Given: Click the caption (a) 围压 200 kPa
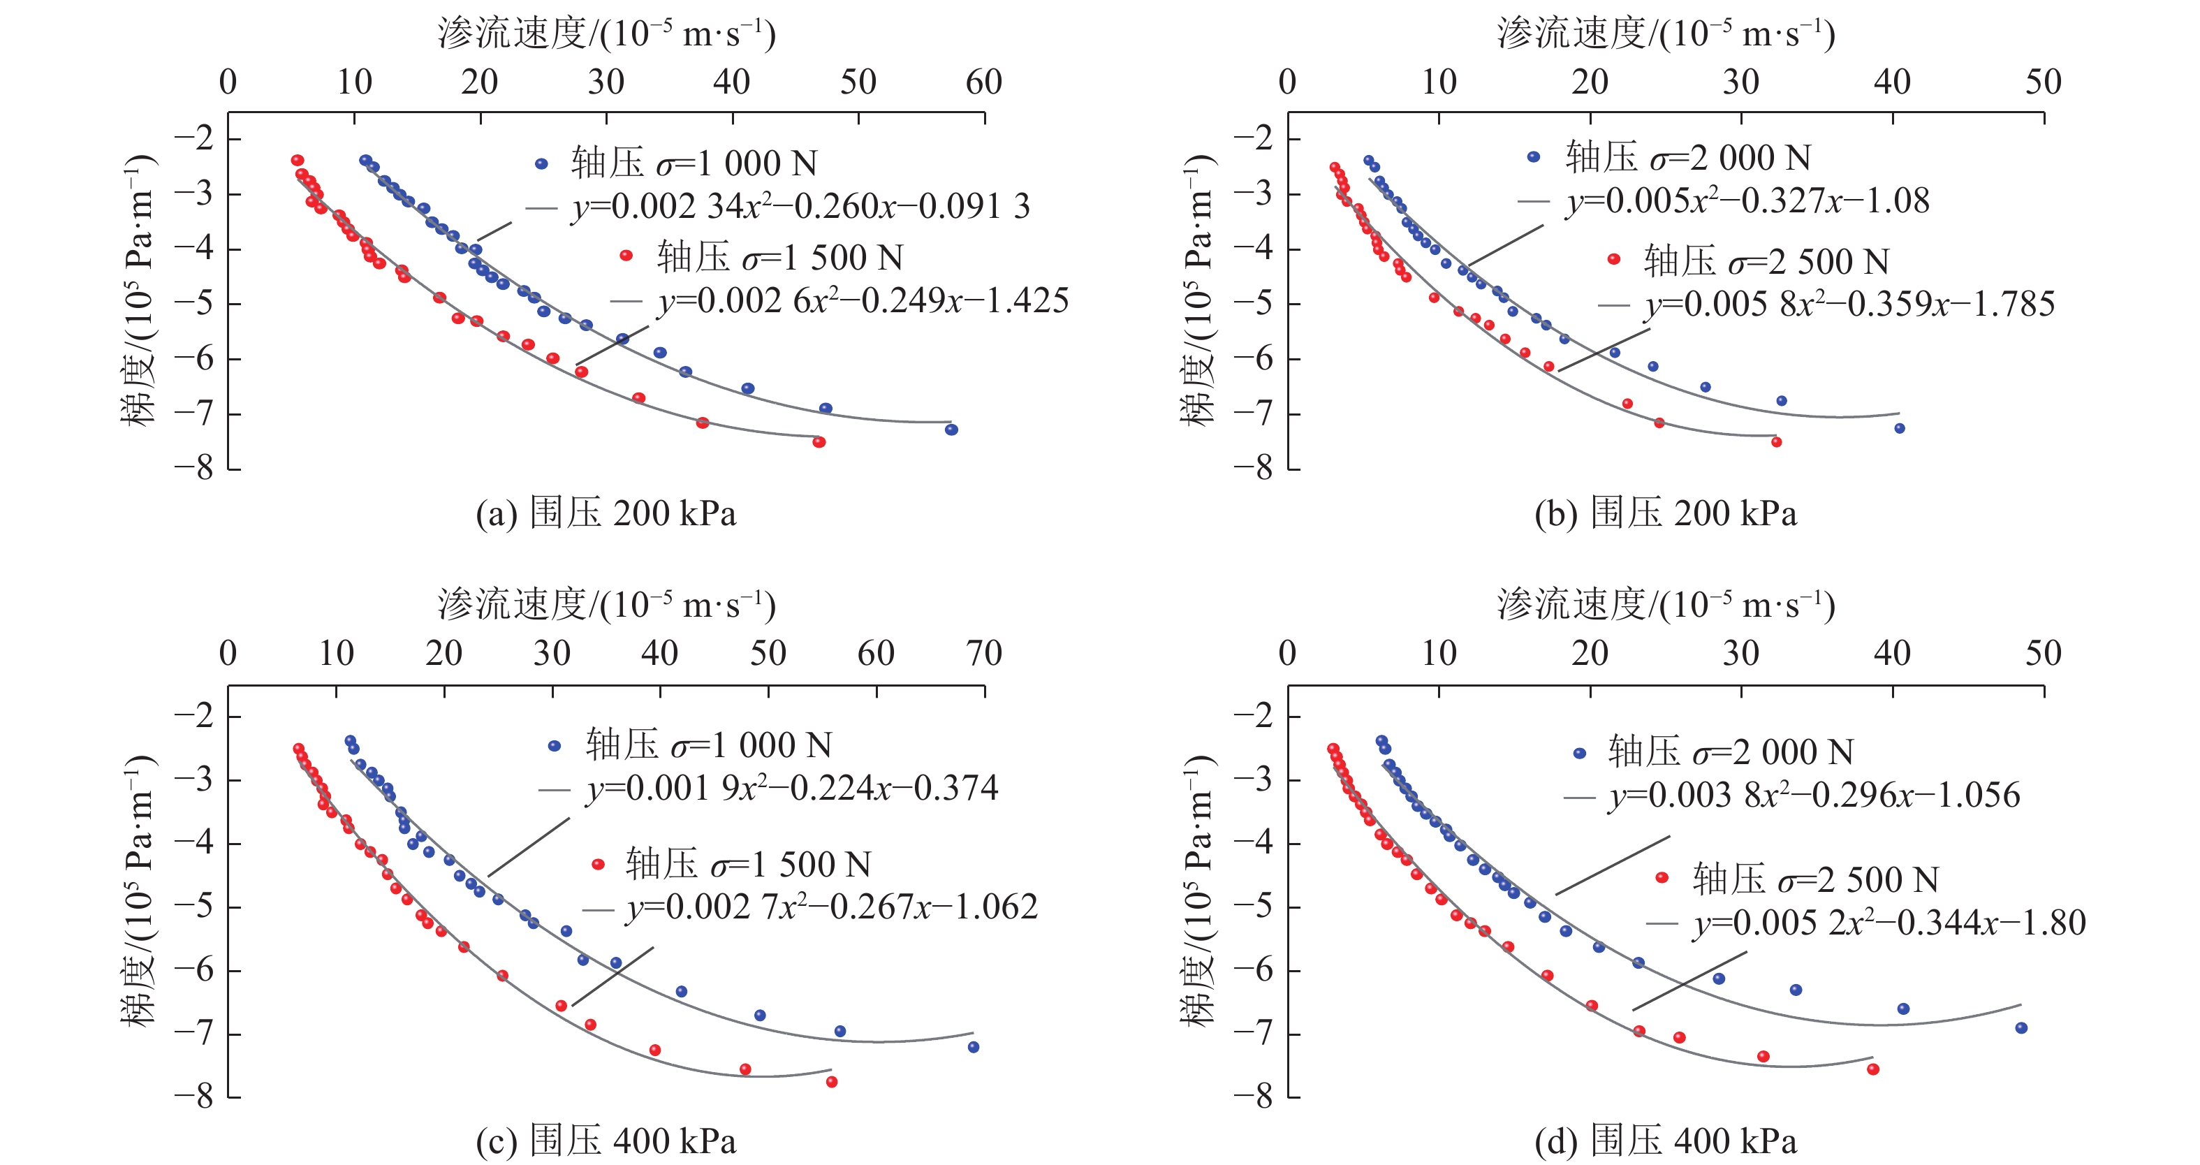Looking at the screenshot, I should pos(606,514).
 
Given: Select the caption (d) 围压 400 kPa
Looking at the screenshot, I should pos(1666,1141).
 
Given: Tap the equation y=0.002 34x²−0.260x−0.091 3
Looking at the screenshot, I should pos(800,207).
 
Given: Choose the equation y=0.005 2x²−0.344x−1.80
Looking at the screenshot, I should pos(1889,923).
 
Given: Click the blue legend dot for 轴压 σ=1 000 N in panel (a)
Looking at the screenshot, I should pos(541,164).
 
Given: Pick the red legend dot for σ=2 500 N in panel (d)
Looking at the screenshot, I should pos(1662,878).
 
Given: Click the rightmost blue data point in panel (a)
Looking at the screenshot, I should pos(951,430).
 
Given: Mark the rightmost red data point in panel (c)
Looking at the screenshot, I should pos(832,1082).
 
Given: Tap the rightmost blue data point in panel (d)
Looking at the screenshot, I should pos(2021,1028).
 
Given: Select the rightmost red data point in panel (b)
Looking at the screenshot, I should pos(1776,442).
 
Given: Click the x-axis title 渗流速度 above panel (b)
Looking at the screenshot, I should pos(1666,34).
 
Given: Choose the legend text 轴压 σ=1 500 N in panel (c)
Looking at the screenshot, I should pos(748,865).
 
